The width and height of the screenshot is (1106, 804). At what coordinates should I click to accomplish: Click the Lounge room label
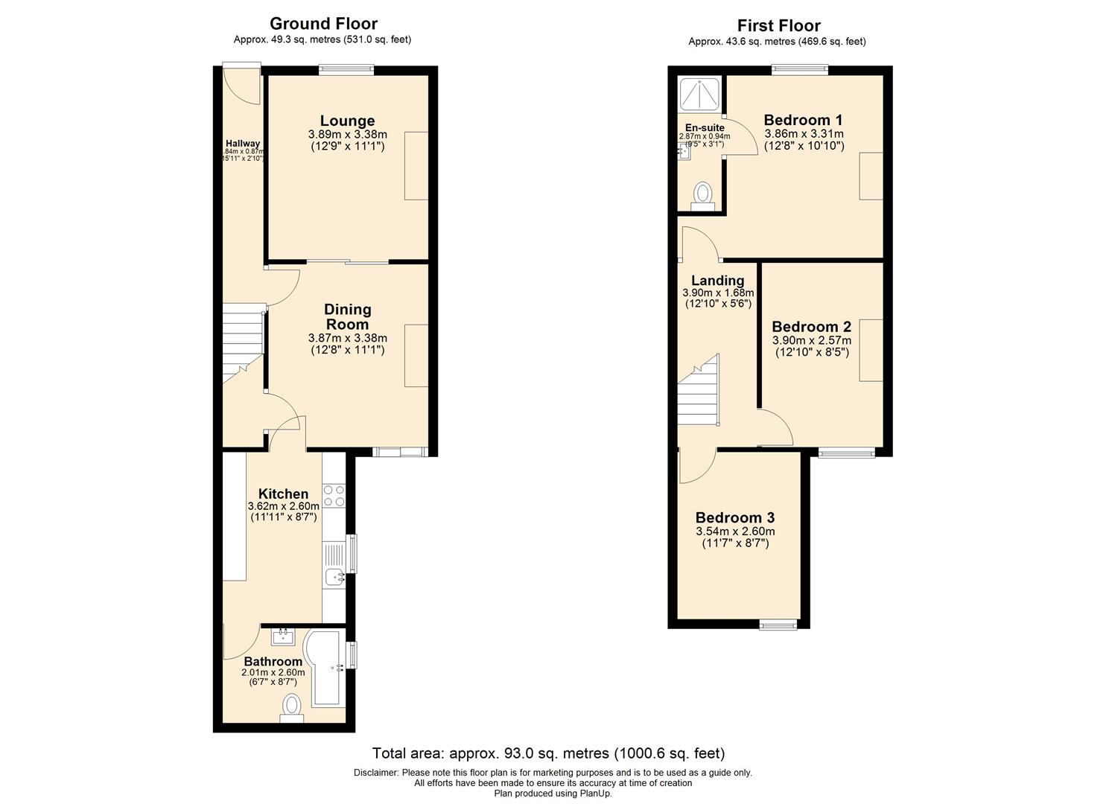coord(347,121)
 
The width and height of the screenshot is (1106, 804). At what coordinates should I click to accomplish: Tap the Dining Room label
coord(347,316)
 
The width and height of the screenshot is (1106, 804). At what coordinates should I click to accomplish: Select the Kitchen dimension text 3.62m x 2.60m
coord(283,506)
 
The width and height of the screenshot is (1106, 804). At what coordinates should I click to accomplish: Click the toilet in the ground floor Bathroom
coord(292,707)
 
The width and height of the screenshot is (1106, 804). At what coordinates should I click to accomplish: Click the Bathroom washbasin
coord(283,636)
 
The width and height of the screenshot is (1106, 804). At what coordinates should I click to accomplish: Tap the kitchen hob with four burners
coord(333,495)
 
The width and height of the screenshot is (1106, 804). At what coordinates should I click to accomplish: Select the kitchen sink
coord(333,575)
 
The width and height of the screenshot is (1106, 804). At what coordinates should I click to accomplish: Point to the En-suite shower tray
coord(700,93)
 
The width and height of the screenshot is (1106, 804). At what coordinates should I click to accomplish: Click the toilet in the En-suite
coord(702,195)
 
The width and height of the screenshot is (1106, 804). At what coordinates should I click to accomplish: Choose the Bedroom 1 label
coord(804,120)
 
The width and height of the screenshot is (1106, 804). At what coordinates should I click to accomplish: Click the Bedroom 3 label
coord(735,517)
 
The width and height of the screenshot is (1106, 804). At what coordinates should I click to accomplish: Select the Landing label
coord(717,281)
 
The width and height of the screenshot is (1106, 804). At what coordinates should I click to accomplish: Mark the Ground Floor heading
coord(323,24)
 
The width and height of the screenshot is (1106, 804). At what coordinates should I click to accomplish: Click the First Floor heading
coord(778,26)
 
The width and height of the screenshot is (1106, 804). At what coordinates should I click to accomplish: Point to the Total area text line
coord(548,753)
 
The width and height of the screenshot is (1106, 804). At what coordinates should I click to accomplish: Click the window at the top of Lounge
coord(347,70)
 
